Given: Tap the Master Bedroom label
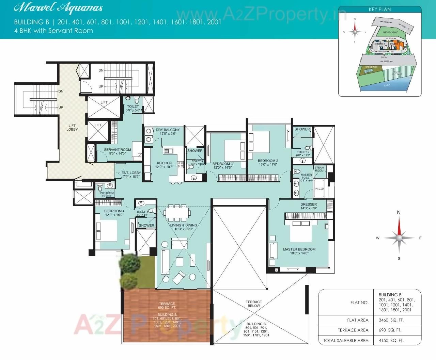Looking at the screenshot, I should (299, 249).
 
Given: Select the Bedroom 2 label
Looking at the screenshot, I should (268, 161).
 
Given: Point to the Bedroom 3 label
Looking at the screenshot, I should (222, 164).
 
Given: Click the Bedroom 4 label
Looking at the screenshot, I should (114, 211).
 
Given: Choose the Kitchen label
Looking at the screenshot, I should (164, 163).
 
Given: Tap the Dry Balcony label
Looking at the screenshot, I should (168, 130).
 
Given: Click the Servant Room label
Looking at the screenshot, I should (117, 150).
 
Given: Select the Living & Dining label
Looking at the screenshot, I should (184, 225).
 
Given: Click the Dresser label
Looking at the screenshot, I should (308, 204).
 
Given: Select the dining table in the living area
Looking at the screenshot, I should (177, 213).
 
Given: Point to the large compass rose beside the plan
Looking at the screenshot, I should (399, 238).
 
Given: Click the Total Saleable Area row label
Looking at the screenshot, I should (346, 340).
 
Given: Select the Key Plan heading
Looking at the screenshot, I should (380, 10).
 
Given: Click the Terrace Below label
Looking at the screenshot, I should (254, 304).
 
